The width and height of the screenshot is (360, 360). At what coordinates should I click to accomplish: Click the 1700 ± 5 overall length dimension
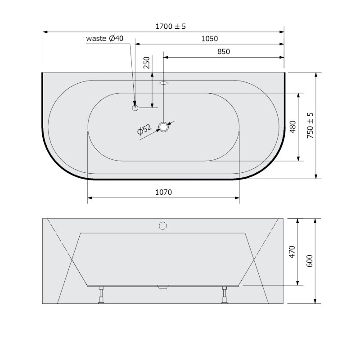[x=171, y=27]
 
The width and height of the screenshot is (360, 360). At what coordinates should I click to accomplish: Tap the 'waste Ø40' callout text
[x=105, y=38]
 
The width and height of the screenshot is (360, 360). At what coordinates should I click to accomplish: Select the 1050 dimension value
[x=209, y=39]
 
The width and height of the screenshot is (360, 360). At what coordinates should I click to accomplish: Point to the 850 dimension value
[x=223, y=51]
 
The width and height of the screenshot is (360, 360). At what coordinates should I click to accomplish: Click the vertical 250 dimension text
[x=147, y=63]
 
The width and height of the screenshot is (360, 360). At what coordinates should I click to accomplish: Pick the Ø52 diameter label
[x=144, y=130]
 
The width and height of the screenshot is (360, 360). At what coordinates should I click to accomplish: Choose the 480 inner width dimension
[x=293, y=127]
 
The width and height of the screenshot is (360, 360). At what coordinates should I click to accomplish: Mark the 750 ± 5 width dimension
[x=310, y=126]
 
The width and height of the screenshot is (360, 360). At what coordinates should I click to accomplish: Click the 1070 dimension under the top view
[x=163, y=192]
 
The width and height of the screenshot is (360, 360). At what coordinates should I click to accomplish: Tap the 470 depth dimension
[x=292, y=252]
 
